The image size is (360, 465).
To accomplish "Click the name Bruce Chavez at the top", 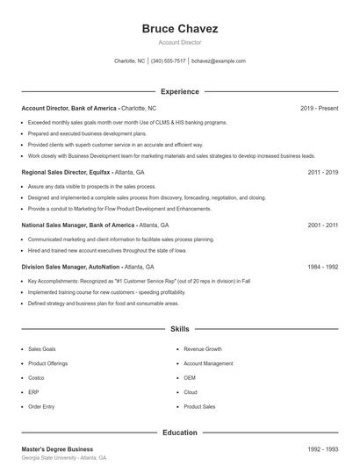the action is pyautogui.click(x=179, y=29).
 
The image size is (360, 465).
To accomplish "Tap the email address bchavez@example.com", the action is pyautogui.click(x=218, y=61).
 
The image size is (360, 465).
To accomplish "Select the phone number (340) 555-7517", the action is pyautogui.click(x=168, y=61).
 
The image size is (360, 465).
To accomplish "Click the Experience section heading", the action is pyautogui.click(x=179, y=91).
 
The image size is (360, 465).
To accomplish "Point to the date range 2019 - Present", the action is pyautogui.click(x=319, y=108).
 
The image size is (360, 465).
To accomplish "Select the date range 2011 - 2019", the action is pyautogui.click(x=322, y=173).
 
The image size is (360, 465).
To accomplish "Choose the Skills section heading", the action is pyautogui.click(x=179, y=329).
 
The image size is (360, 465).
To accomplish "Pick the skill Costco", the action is pyautogui.click(x=37, y=377).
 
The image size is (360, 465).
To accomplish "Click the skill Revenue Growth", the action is pyautogui.click(x=202, y=348).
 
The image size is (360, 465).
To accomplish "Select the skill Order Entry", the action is pyautogui.click(x=41, y=406).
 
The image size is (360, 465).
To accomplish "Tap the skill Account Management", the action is pyautogui.click(x=208, y=363).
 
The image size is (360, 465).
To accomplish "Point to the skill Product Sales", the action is pyautogui.click(x=199, y=406).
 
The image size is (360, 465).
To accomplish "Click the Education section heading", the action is pyautogui.click(x=179, y=433).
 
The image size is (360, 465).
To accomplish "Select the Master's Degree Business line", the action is pyautogui.click(x=57, y=449).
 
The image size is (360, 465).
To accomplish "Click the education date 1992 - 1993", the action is pyautogui.click(x=322, y=449).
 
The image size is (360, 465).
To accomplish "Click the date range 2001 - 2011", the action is pyautogui.click(x=322, y=225).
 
